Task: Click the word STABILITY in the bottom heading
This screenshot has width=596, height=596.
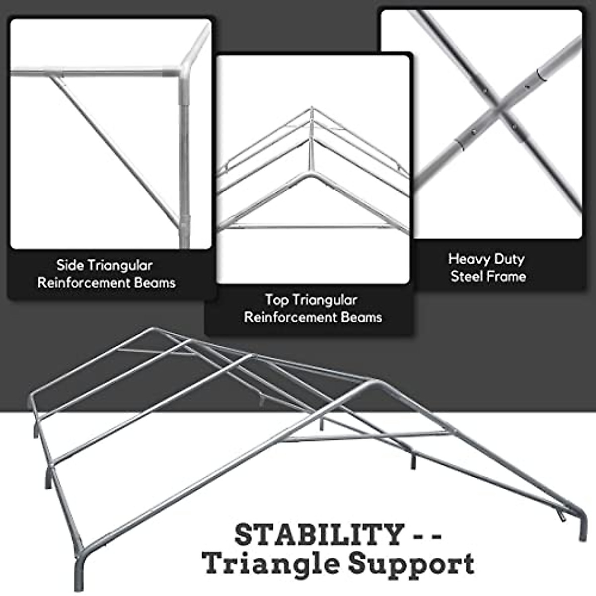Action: [318, 535]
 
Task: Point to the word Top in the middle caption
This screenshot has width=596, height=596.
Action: [276, 300]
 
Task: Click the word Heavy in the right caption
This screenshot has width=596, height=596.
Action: [466, 259]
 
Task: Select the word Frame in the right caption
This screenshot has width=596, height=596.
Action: [508, 276]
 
